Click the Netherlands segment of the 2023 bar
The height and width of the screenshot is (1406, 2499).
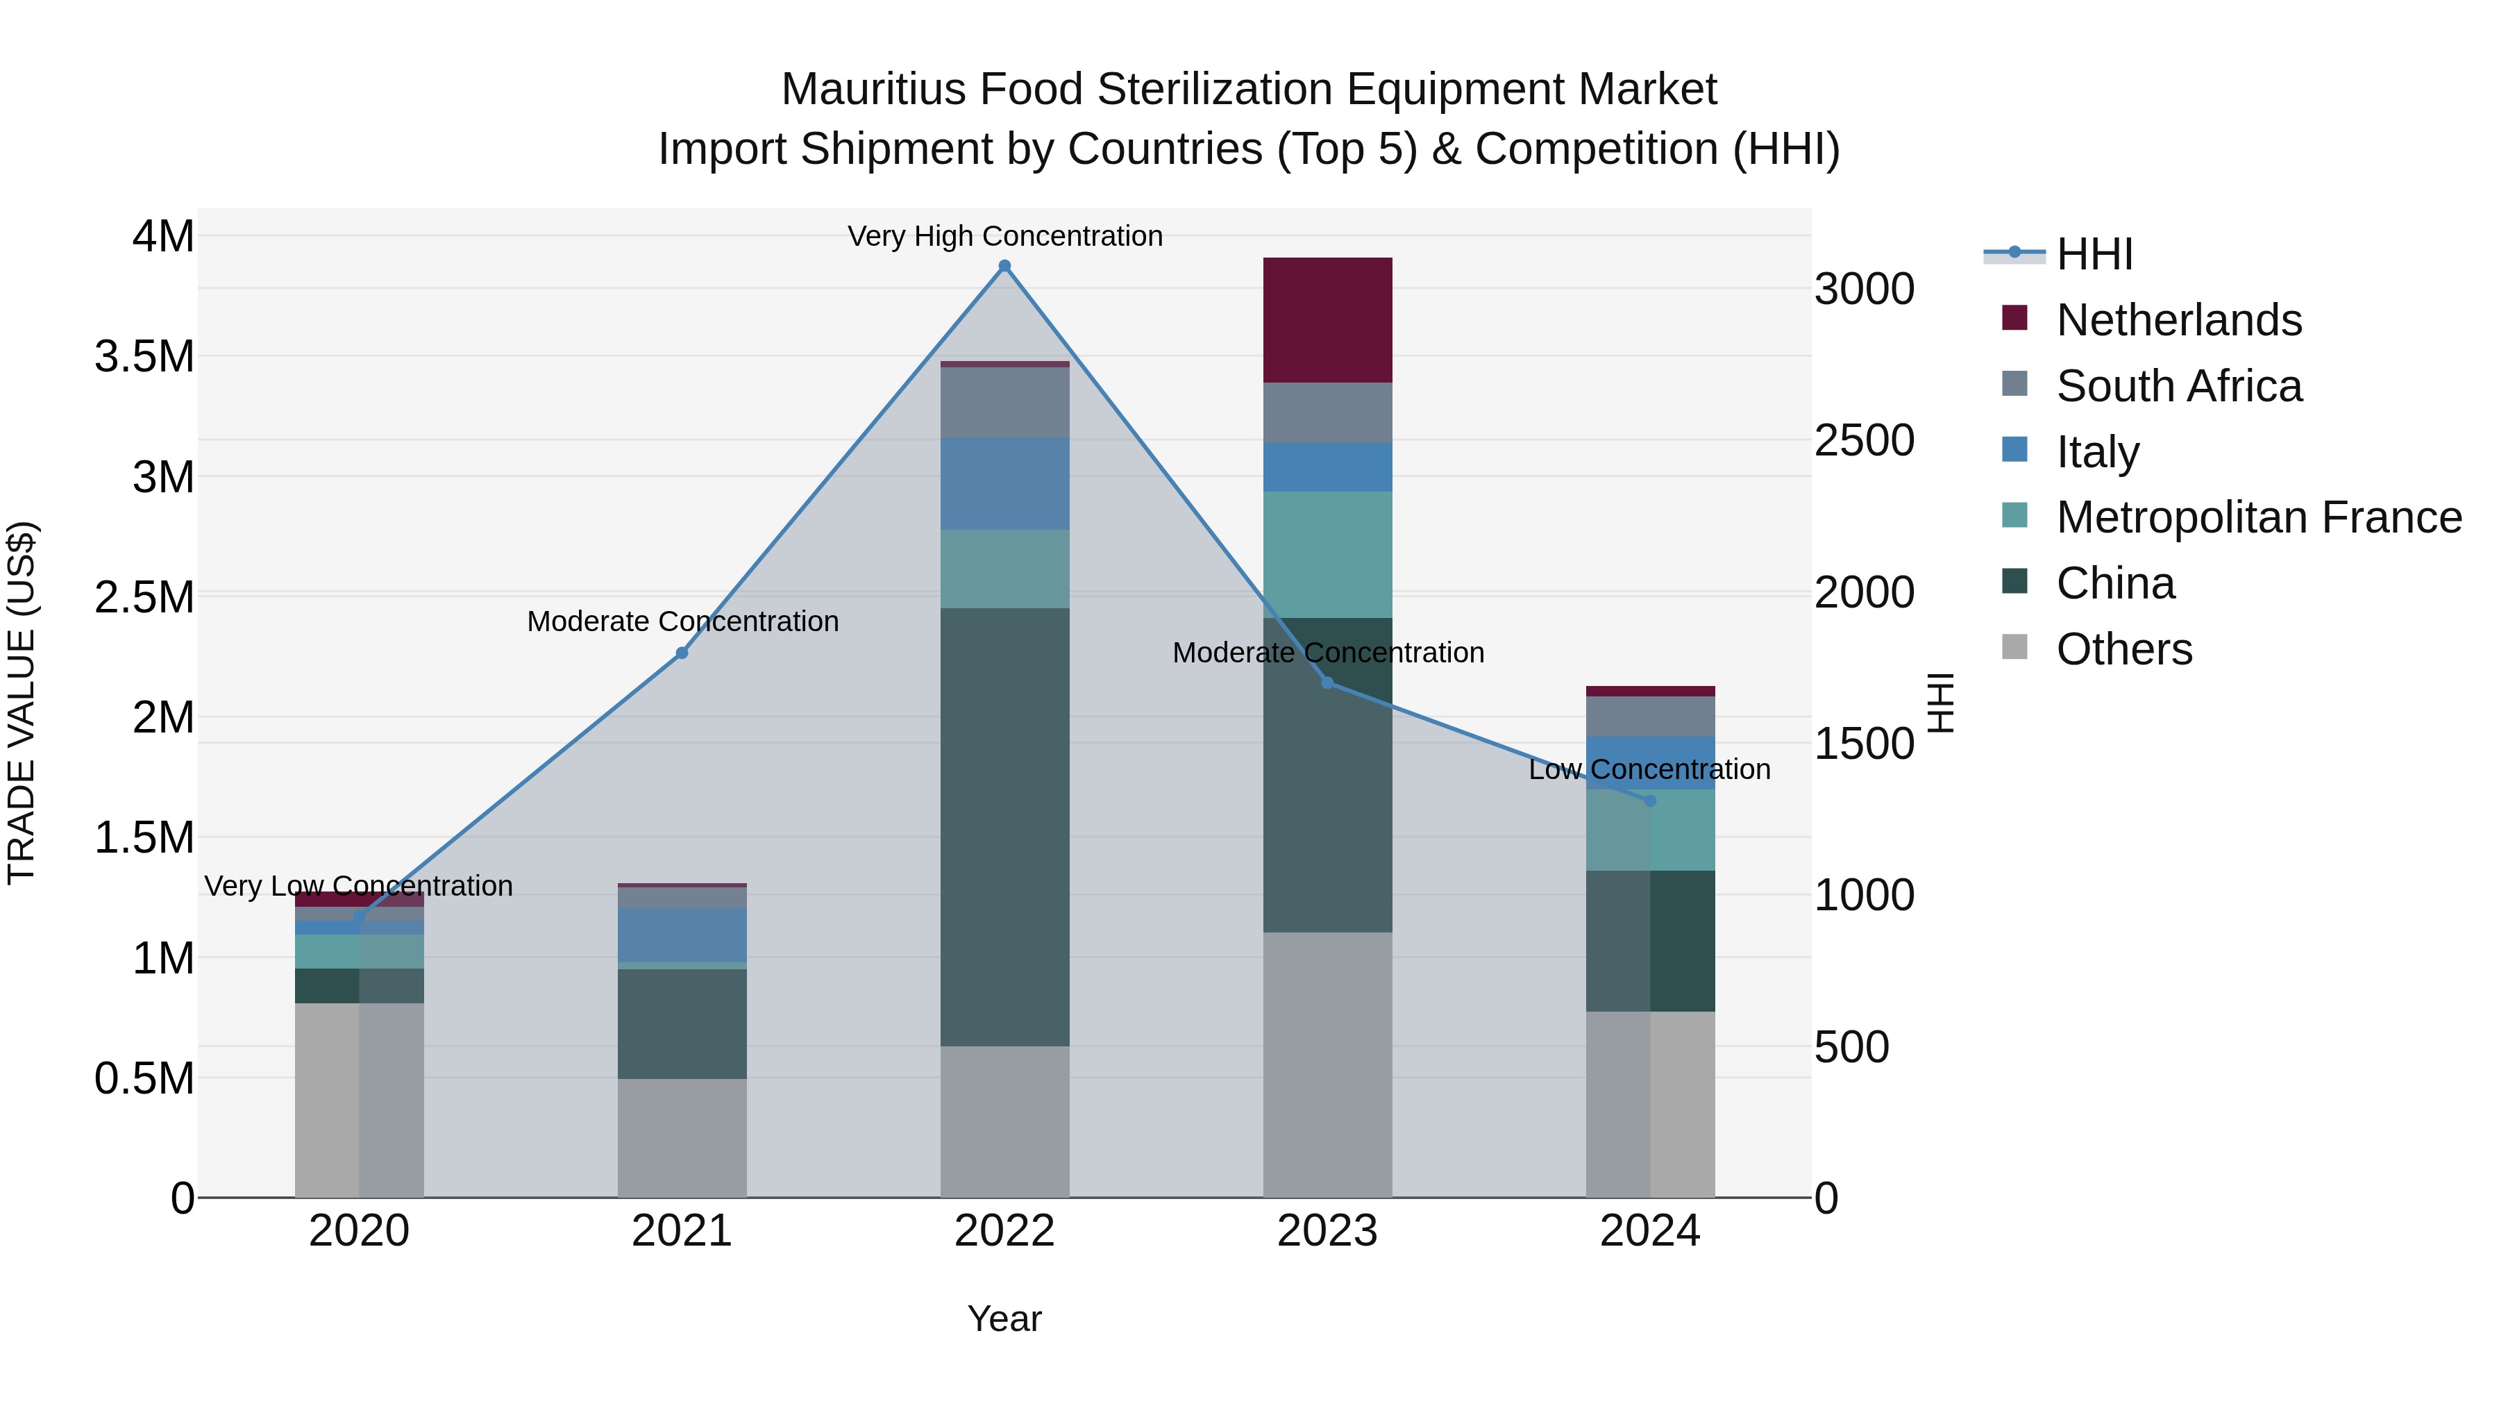click(x=1327, y=319)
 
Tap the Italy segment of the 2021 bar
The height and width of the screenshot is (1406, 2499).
click(x=682, y=935)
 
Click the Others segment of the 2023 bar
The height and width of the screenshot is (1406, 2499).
click(x=1327, y=1064)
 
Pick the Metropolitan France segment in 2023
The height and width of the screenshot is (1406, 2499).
click(x=1327, y=554)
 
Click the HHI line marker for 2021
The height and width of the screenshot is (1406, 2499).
click(x=682, y=653)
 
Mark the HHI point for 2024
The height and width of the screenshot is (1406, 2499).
click(x=1649, y=801)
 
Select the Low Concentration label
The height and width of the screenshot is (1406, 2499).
click(x=1649, y=769)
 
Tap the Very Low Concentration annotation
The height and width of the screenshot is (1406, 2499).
click(x=358, y=886)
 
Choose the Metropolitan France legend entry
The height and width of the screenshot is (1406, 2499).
click(x=2258, y=517)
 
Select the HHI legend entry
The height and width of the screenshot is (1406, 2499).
click(x=2094, y=254)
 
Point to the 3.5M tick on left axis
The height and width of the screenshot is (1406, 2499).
click(x=144, y=357)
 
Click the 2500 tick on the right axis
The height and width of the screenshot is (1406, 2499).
click(x=1864, y=440)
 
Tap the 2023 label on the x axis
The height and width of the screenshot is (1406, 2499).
click(x=1327, y=1231)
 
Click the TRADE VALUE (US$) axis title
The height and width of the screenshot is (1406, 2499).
click(x=22, y=703)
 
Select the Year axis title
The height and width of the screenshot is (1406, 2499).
click(x=1004, y=1319)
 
